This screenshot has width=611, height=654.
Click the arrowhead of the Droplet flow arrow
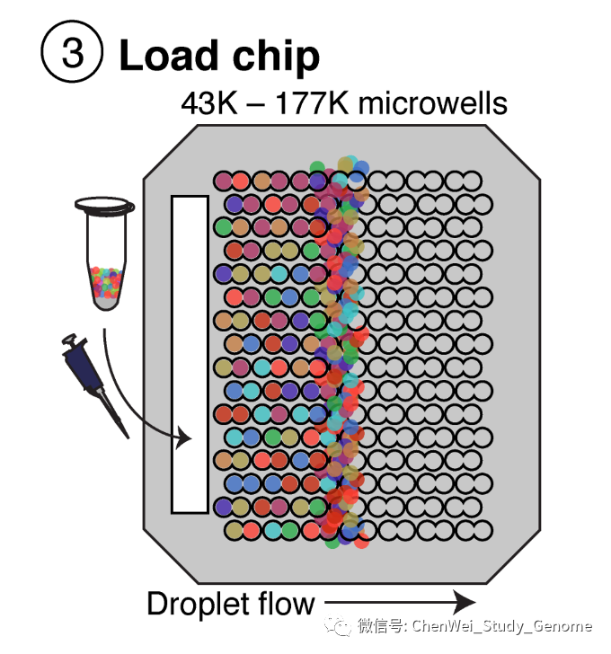465,602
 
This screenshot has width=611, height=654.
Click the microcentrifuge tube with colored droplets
106,261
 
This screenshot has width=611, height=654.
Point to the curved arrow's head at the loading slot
186,439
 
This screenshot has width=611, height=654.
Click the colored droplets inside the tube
106,282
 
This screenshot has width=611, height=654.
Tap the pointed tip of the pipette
126,434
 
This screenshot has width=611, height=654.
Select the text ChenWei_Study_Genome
501,625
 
